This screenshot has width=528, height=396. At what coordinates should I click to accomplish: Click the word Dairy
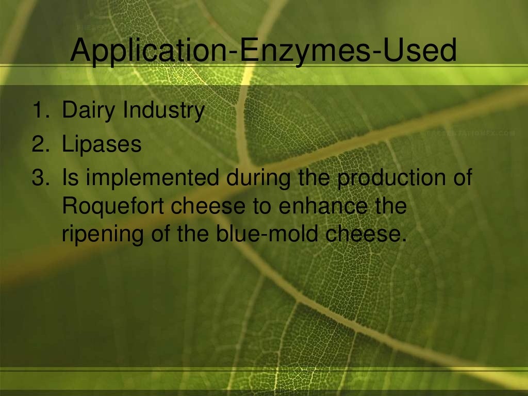(89, 111)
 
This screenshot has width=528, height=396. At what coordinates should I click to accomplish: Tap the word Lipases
(102, 144)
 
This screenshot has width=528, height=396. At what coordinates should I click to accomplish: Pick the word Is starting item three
(69, 178)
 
